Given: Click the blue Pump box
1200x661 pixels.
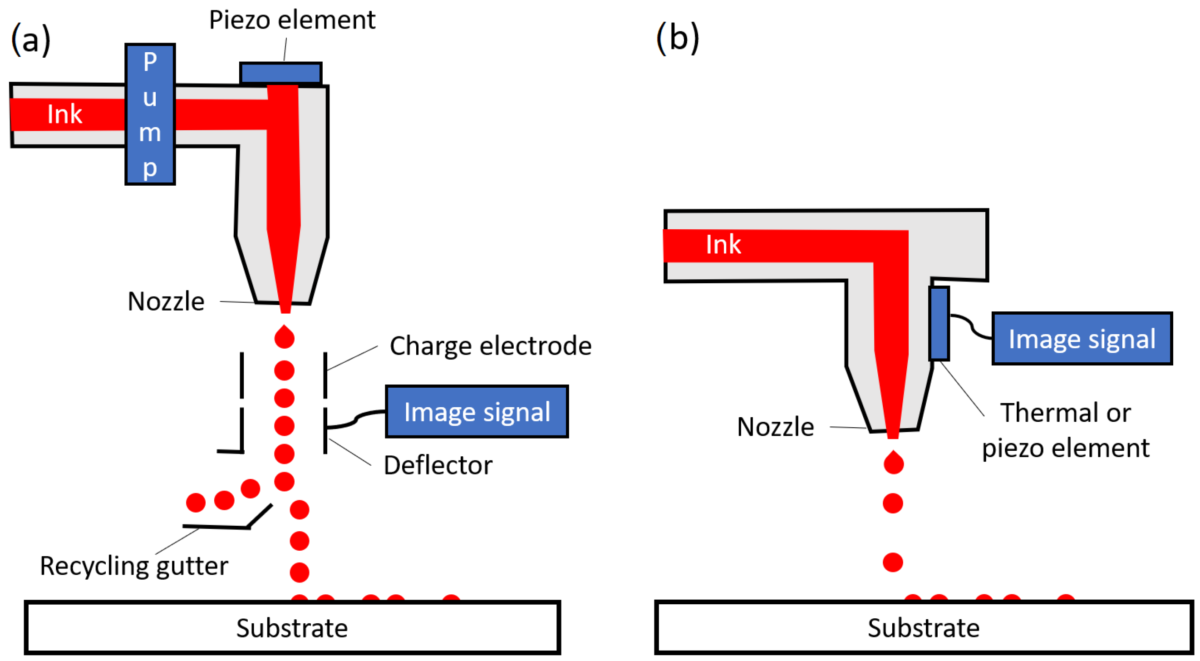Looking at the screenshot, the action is click(150, 114).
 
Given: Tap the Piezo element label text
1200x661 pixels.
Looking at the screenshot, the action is click(292, 20).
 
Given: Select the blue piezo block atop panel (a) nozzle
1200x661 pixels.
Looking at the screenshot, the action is click(281, 73).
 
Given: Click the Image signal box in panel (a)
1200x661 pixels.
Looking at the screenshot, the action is click(477, 411).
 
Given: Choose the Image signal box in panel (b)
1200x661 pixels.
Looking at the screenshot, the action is click(1082, 338).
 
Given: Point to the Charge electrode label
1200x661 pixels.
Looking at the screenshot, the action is click(491, 346).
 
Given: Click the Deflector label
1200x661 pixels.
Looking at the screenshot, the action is click(438, 465).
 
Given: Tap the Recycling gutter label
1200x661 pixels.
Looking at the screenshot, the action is click(134, 567).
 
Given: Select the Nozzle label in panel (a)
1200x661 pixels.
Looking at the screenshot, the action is click(166, 301).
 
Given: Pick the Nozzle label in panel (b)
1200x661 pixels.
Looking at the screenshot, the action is click(776, 427).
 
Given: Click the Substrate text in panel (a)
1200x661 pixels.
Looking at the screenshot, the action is click(292, 628).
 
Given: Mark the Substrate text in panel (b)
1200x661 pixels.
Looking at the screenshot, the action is click(924, 628).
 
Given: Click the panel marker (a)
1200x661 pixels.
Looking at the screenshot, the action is click(31, 39).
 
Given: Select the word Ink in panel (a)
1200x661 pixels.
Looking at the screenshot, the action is click(65, 114).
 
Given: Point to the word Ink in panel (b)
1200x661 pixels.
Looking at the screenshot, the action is click(723, 244).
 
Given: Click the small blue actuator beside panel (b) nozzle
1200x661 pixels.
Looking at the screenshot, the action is click(939, 323).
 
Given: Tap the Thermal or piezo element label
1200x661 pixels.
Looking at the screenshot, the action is click(1066, 430).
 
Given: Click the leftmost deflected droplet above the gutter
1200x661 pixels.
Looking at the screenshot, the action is click(196, 502).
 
